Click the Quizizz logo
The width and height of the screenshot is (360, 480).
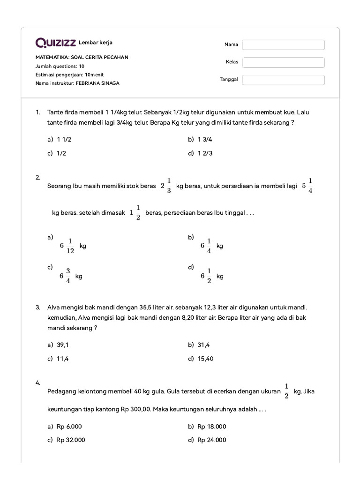[x=56, y=43]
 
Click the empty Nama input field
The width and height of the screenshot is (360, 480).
[x=283, y=45]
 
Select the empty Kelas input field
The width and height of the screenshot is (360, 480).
[x=283, y=62]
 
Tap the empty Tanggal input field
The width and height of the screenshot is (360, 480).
[x=283, y=80]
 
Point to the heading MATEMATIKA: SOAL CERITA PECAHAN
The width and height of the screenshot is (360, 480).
[x=82, y=57]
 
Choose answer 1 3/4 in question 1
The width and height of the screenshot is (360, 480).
[x=205, y=140]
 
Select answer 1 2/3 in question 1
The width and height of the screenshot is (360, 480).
[x=205, y=153]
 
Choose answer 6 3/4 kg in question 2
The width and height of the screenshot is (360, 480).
[x=71, y=276]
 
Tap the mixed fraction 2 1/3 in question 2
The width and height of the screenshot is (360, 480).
[x=166, y=186]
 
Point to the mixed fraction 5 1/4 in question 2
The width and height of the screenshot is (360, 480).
[x=307, y=186]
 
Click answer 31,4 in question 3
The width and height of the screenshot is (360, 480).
[x=203, y=345]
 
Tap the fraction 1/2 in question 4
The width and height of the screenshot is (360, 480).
[x=286, y=391]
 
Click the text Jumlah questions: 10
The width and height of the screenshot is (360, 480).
[x=60, y=66]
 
